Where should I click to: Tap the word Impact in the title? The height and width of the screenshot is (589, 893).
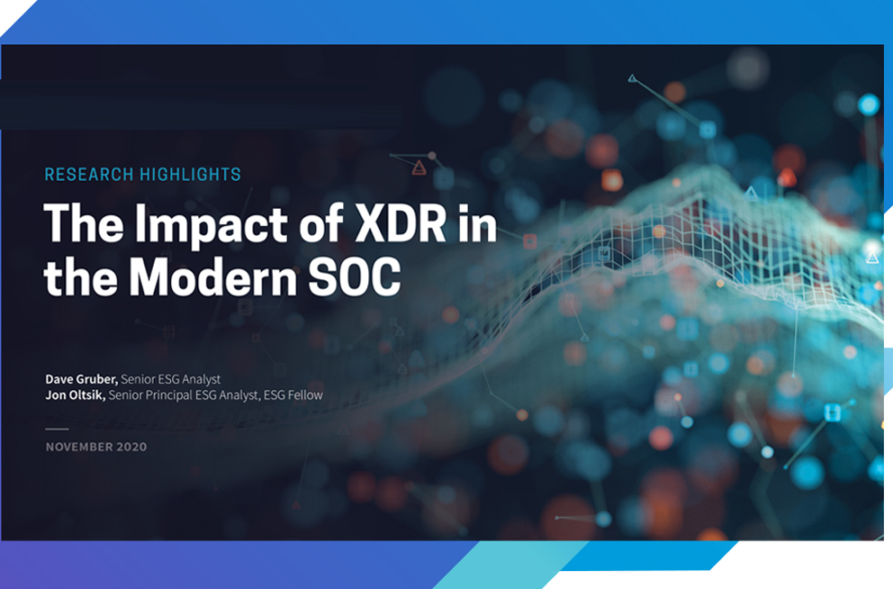212,225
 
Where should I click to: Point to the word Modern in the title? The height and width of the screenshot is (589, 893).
212,276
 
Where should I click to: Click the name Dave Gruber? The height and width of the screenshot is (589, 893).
81,379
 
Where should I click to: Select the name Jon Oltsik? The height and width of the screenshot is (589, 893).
76,395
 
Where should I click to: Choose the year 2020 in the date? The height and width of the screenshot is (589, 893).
131,448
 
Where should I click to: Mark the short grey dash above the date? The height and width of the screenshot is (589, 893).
57,429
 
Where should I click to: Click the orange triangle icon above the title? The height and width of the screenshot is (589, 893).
419,168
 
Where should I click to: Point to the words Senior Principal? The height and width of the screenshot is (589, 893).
150,395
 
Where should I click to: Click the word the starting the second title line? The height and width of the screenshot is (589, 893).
80,276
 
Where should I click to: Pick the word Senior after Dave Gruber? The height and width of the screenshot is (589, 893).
137,379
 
